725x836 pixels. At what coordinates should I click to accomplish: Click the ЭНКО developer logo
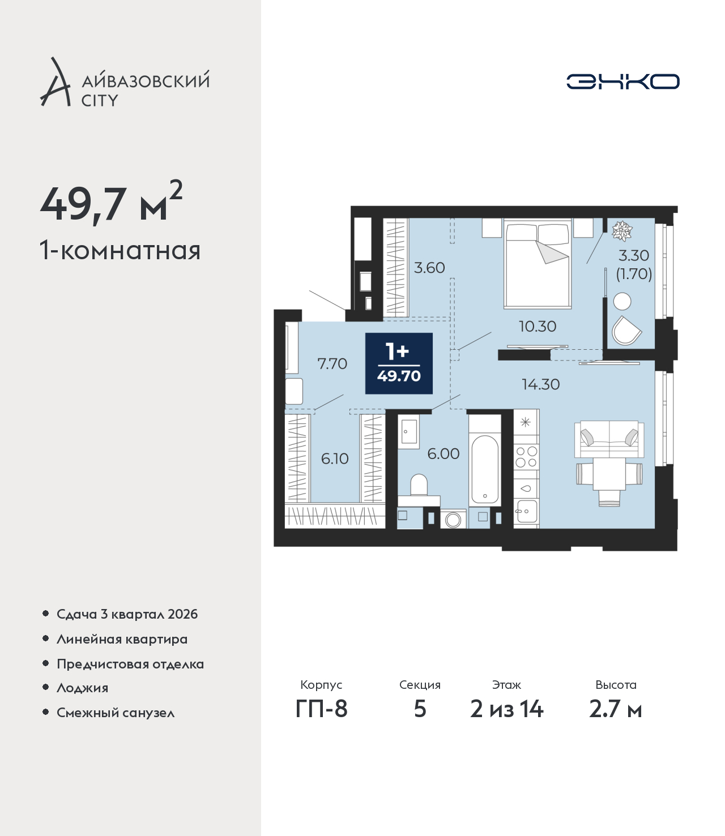(x=622, y=82)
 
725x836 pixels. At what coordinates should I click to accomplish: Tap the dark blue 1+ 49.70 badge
(x=399, y=363)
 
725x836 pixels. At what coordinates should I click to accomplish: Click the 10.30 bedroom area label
(x=538, y=327)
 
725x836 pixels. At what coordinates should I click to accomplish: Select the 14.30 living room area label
(x=540, y=384)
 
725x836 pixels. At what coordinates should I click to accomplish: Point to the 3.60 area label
(x=429, y=268)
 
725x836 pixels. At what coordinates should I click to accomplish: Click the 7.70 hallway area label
(x=332, y=364)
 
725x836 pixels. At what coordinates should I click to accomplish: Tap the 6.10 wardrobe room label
(x=335, y=458)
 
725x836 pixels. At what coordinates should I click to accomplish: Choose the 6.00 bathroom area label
(x=443, y=454)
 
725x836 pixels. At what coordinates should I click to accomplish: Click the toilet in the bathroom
(x=419, y=490)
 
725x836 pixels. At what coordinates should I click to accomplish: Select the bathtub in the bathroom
(x=485, y=470)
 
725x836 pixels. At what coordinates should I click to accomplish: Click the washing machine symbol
(x=453, y=520)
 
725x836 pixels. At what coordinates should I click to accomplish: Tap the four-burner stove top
(x=526, y=457)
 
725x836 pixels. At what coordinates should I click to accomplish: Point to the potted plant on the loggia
(x=622, y=231)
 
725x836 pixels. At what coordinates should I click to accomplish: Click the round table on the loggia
(x=622, y=301)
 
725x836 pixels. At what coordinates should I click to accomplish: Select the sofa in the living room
(x=609, y=439)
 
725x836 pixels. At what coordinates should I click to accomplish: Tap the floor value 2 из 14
(x=506, y=709)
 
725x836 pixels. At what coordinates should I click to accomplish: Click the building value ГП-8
(x=321, y=709)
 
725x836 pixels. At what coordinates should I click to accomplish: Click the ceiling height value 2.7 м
(x=616, y=709)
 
